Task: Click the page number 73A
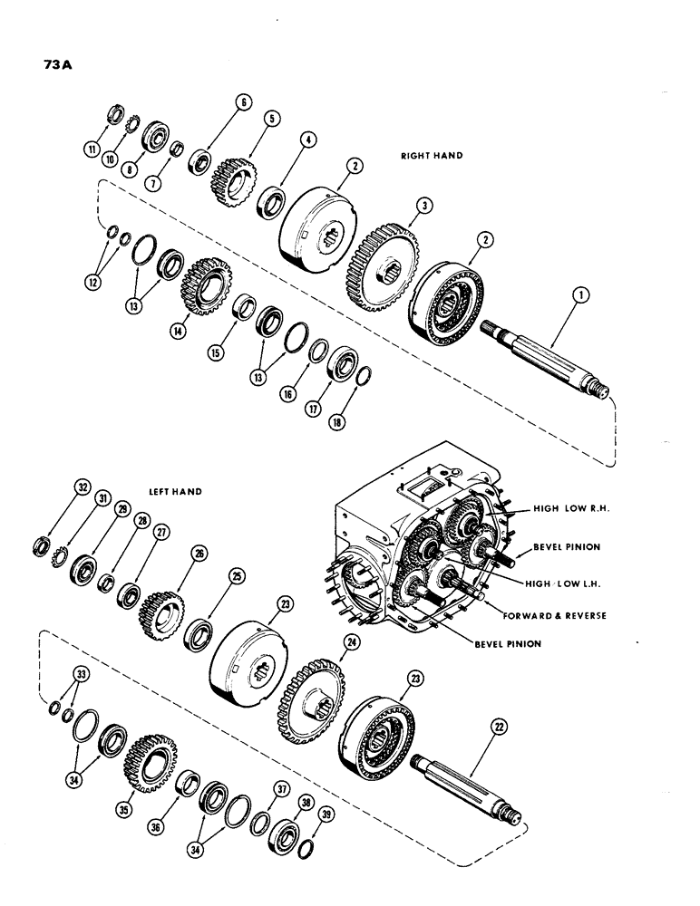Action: pyautogui.click(x=34, y=65)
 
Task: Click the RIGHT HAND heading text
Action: pyautogui.click(x=432, y=156)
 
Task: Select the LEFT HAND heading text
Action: pyautogui.click(x=174, y=492)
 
